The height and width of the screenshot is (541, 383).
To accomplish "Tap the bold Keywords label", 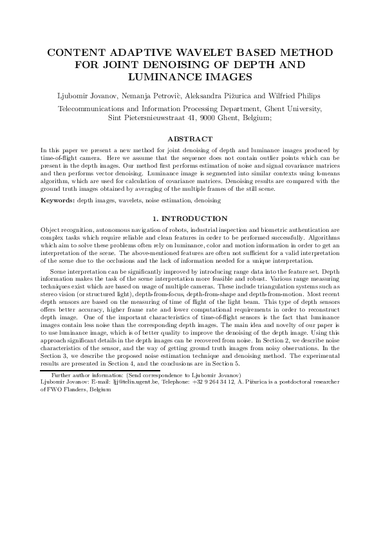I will point(57,201).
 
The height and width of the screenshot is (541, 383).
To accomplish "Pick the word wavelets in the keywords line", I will point(123,201).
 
